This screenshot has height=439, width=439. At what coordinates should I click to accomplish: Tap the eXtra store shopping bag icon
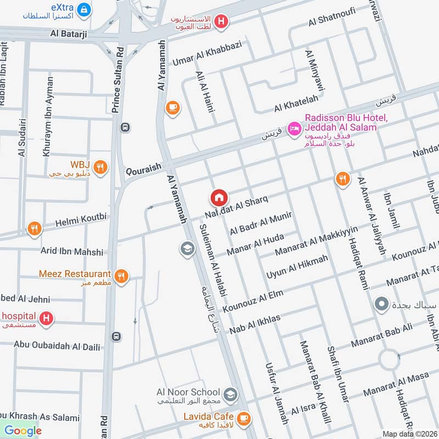tap(84, 9)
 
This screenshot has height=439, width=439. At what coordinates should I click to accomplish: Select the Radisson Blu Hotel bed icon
tap(295, 128)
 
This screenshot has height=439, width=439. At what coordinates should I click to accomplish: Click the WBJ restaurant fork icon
tap(100, 168)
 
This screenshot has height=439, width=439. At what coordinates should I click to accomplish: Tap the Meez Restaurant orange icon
tap(122, 277)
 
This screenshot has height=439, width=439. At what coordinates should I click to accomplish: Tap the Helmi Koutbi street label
tap(81, 220)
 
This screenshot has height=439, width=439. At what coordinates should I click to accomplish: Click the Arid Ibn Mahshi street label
tap(72, 251)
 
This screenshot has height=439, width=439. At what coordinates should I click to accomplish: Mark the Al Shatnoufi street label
tap(332, 19)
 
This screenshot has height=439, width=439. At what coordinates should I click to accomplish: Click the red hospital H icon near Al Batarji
tap(221, 21)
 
